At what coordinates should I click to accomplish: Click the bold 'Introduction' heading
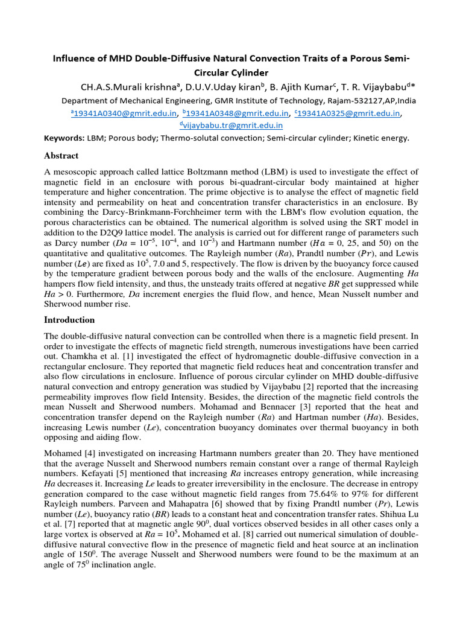pyautogui.click(x=70, y=319)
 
